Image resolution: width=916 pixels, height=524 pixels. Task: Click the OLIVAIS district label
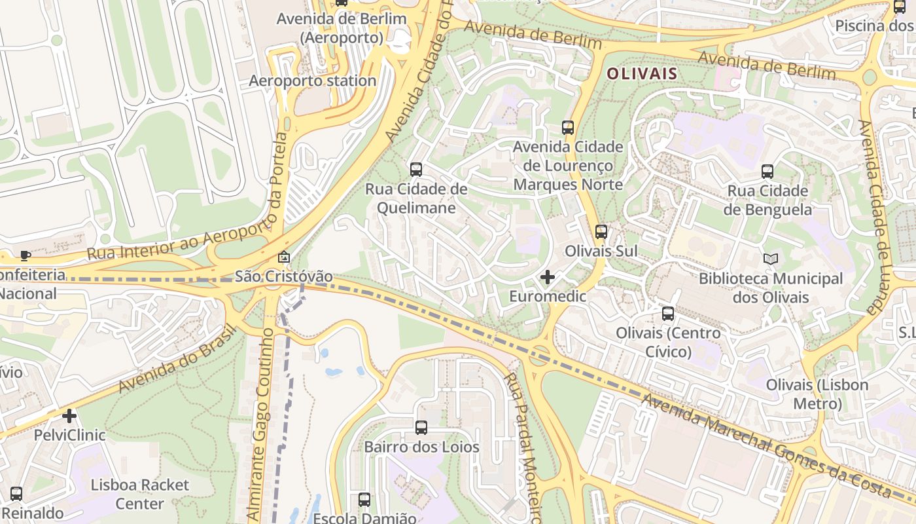tap(641, 74)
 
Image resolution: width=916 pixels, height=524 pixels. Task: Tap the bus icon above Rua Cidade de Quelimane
tap(416, 170)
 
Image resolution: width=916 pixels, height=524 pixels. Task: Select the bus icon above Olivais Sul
tap(601, 232)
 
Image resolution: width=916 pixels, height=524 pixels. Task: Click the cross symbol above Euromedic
tap(548, 278)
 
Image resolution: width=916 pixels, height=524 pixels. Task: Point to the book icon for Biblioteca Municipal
tap(771, 259)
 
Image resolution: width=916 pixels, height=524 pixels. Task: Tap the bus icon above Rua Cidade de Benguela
tap(767, 172)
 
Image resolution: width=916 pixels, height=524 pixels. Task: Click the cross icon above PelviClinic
tap(69, 416)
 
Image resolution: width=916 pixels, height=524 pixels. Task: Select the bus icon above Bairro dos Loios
tap(421, 428)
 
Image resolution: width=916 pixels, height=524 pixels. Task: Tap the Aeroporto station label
tap(313, 81)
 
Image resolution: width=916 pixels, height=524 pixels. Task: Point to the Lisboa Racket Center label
tap(139, 495)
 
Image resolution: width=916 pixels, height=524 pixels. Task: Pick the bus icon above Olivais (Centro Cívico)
tap(667, 314)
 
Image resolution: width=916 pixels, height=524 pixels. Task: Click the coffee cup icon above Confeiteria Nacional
tap(26, 255)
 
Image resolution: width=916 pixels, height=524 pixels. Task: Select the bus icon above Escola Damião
tap(364, 500)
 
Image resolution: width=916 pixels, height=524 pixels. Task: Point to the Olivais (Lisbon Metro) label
tap(817, 394)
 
